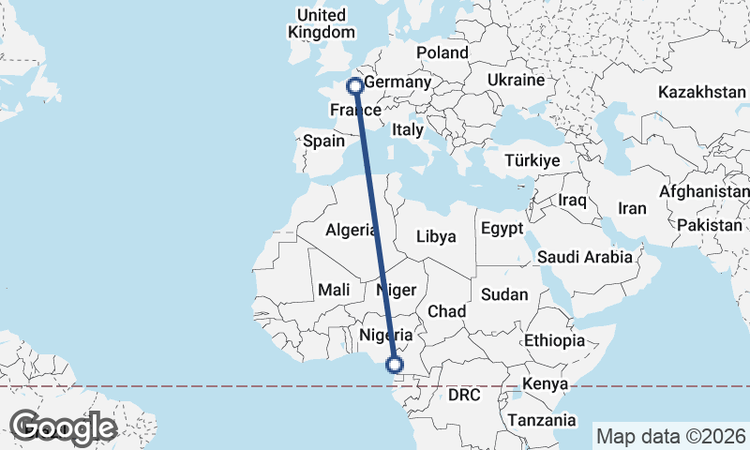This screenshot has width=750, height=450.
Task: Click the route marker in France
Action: (x=355, y=86)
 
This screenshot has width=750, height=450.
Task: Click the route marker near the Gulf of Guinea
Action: (x=396, y=365)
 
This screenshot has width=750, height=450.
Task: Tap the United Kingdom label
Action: (x=321, y=23)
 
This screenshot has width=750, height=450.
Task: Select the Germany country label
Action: (x=397, y=82)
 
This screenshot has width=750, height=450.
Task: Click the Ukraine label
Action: (x=516, y=81)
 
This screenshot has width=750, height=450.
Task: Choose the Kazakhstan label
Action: (x=701, y=93)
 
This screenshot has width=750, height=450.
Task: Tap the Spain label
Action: (x=324, y=142)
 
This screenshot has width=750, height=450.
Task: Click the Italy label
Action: (x=408, y=130)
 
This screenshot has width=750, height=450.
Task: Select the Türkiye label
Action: (x=532, y=161)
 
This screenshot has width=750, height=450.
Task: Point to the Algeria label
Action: (x=351, y=230)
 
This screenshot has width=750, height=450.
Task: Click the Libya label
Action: (x=435, y=236)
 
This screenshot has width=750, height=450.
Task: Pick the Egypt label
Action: (x=502, y=228)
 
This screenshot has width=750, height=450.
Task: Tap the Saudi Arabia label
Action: (x=584, y=256)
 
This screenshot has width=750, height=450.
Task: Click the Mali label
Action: (x=333, y=290)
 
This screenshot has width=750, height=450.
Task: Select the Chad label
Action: (x=446, y=310)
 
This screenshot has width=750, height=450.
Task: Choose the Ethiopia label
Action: (x=554, y=339)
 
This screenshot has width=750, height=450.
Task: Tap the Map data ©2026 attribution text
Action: (x=670, y=436)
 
